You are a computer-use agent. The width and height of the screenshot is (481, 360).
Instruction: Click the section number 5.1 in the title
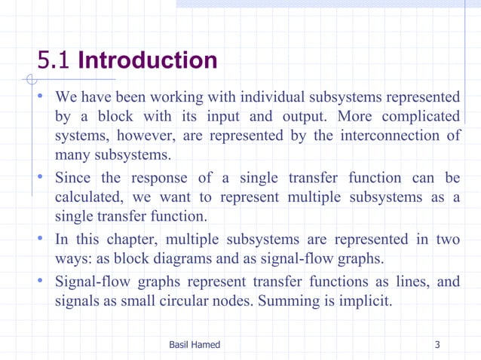[56, 60]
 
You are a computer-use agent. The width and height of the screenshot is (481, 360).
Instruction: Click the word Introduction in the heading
[147, 60]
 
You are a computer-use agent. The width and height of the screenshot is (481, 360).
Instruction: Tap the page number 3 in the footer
[437, 345]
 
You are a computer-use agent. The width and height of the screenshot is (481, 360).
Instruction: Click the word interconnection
[395, 136]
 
